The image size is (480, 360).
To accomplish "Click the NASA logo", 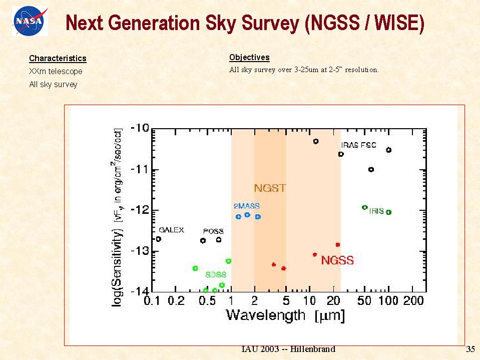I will pyautogui.click(x=31, y=22).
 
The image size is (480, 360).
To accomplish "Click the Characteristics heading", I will pyautogui.click(x=58, y=59).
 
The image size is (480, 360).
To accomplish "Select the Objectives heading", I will pyautogui.click(x=249, y=57).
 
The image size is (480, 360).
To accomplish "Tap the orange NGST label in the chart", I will pyautogui.click(x=270, y=188).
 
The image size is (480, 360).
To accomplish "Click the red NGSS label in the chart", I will pyautogui.click(x=337, y=260).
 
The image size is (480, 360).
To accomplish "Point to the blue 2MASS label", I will pyautogui.click(x=247, y=206).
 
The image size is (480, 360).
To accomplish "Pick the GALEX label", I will pyautogui.click(x=171, y=230).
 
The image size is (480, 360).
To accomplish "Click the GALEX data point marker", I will pyautogui.click(x=159, y=239).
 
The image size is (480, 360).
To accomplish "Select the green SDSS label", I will pyautogui.click(x=216, y=275).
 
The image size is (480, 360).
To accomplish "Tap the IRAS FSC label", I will pyautogui.click(x=358, y=145).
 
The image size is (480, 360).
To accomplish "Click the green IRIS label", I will pyautogui.click(x=376, y=211).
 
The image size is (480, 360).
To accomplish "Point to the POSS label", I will pyautogui.click(x=213, y=231).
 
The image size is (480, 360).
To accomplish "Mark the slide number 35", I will pyautogui.click(x=469, y=349).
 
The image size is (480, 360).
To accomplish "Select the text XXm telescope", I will pyautogui.click(x=56, y=72).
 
